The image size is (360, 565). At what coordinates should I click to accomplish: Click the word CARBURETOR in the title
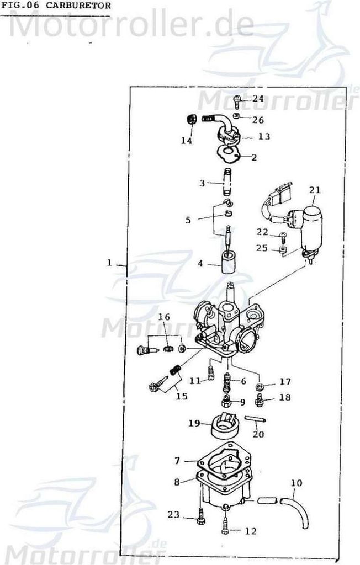click(x=78, y=6)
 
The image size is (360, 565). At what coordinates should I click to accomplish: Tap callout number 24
click(x=258, y=98)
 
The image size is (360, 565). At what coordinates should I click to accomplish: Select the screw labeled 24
click(x=237, y=102)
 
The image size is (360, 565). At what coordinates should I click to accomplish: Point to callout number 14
click(x=187, y=141)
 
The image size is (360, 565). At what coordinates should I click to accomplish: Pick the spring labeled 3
click(x=227, y=181)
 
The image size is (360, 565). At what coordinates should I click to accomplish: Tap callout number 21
click(x=315, y=190)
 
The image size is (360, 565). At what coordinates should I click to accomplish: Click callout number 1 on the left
click(x=109, y=262)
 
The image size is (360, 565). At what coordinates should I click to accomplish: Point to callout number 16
click(x=164, y=317)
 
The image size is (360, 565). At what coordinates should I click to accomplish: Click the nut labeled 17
click(x=258, y=387)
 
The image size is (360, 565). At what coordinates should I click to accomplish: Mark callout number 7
click(x=177, y=461)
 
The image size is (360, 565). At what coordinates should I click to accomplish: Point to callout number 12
click(x=251, y=531)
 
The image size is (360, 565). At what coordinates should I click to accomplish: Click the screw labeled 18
click(x=259, y=399)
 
